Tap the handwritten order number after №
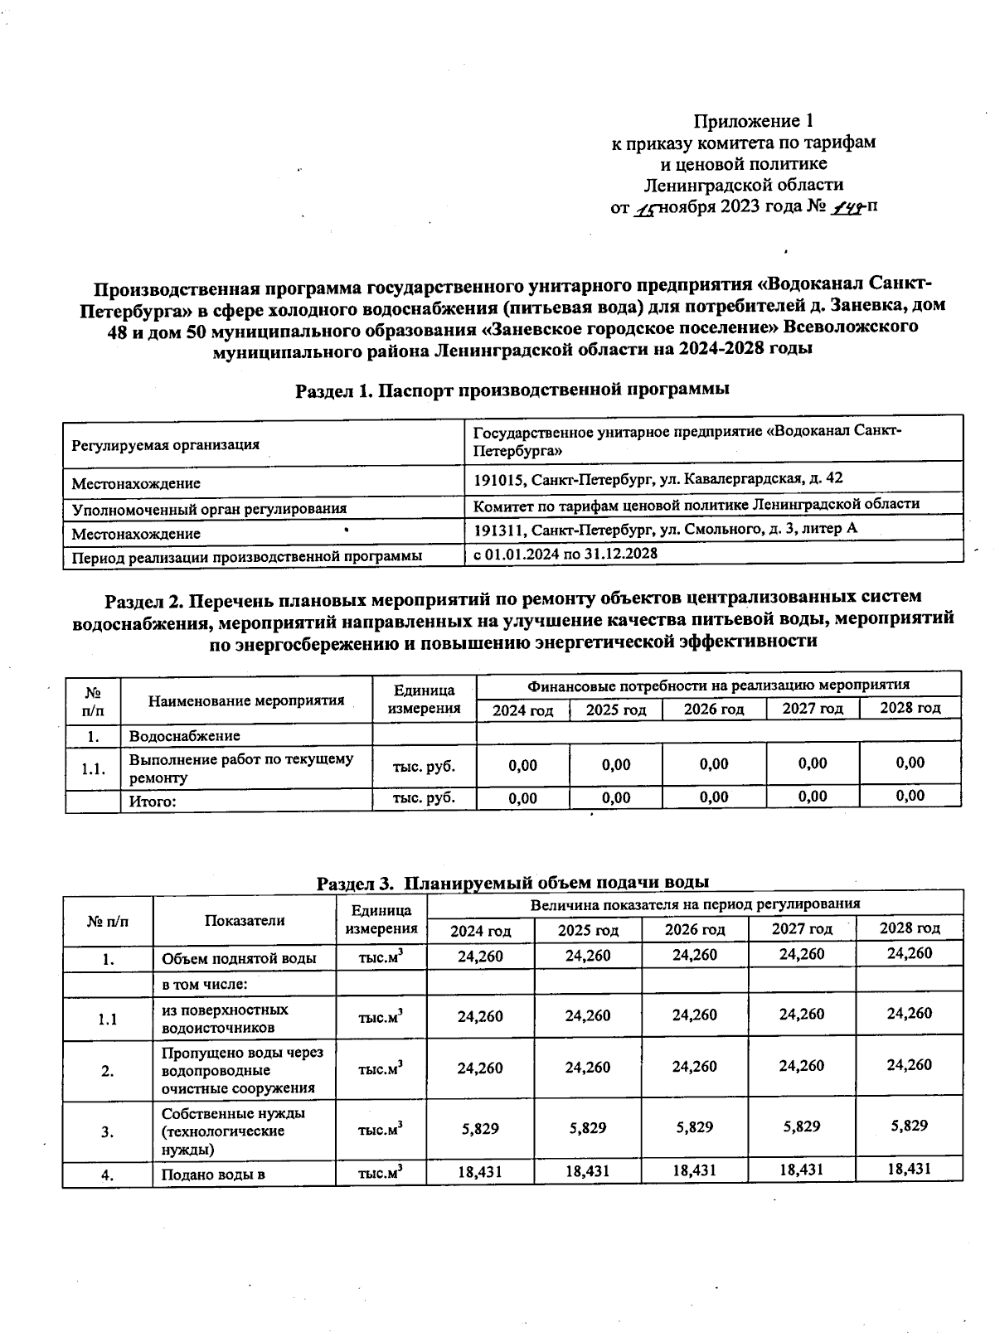844,207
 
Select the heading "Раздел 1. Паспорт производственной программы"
512,390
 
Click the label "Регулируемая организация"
166,445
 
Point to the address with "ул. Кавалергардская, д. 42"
658,479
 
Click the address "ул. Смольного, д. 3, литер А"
665,529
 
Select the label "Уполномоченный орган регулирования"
209,508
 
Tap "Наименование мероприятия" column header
246,700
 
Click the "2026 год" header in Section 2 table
713,710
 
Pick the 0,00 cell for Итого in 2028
910,796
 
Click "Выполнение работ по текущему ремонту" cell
240,768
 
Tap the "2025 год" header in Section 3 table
587,930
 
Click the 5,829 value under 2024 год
479,1127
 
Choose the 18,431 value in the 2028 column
909,1169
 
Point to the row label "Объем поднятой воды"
239,959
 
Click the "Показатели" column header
245,920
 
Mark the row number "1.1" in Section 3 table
107,1020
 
